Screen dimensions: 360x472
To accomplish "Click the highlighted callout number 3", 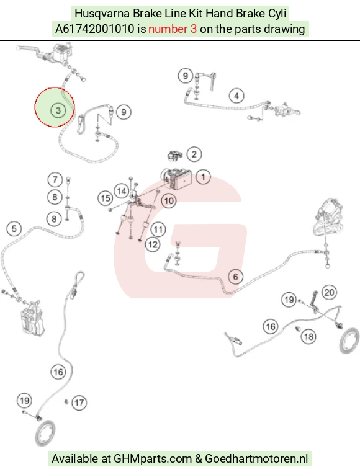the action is point(58,110).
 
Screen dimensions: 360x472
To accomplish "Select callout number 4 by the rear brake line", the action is point(236,96).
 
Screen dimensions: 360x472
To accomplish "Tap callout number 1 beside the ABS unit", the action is point(203,177).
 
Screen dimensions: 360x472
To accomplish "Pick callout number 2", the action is point(194,154).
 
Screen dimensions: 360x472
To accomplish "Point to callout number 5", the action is point(14,229).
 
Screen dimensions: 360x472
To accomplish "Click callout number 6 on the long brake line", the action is point(236,277).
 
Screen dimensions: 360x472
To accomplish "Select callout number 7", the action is point(55,180).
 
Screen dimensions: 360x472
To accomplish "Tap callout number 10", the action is point(169,201).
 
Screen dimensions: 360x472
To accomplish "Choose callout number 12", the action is point(153,244).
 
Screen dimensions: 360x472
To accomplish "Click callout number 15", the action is point(106,198).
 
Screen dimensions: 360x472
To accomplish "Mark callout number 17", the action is point(79,403).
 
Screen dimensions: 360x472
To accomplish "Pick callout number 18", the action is point(308,336).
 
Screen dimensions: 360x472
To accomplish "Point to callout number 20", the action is point(329,292).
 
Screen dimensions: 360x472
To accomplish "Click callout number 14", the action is point(122,191).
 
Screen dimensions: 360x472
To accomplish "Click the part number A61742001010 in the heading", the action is point(94,29).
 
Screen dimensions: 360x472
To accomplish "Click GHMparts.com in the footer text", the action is point(153,459).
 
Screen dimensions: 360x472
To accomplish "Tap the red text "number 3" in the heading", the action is point(173,29).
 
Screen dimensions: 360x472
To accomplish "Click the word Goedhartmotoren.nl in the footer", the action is point(257,459).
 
